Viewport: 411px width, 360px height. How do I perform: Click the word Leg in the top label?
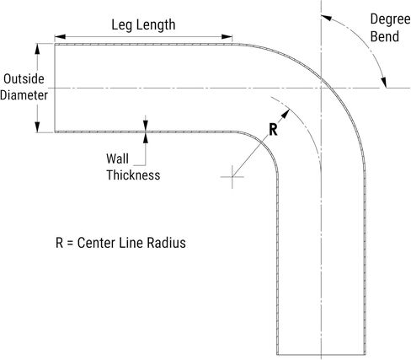tap(120, 25)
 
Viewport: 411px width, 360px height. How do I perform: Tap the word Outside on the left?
tap(24, 79)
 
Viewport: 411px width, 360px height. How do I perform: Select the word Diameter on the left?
tap(24, 95)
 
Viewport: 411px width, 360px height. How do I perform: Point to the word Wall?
tap(117, 159)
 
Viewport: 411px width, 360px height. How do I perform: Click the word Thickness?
tap(133, 175)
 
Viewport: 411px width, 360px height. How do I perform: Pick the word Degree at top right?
tap(390, 20)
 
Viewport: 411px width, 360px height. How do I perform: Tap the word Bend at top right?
tap(385, 36)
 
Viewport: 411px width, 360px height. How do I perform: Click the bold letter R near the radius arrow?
tap(273, 130)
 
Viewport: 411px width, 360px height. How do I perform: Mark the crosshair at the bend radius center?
tap(232, 177)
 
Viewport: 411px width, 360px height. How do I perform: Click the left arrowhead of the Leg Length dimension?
tap(60, 37)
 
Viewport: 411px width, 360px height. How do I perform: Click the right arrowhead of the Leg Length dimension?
tap(227, 37)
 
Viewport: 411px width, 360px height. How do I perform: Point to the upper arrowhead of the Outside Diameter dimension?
tap(37, 49)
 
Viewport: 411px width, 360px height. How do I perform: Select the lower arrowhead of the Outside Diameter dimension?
tap(37, 126)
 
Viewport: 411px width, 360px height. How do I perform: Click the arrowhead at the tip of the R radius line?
tap(286, 113)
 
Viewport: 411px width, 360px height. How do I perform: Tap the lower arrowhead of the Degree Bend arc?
tap(383, 83)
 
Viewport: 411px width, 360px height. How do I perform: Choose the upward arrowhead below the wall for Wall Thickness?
tap(145, 138)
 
